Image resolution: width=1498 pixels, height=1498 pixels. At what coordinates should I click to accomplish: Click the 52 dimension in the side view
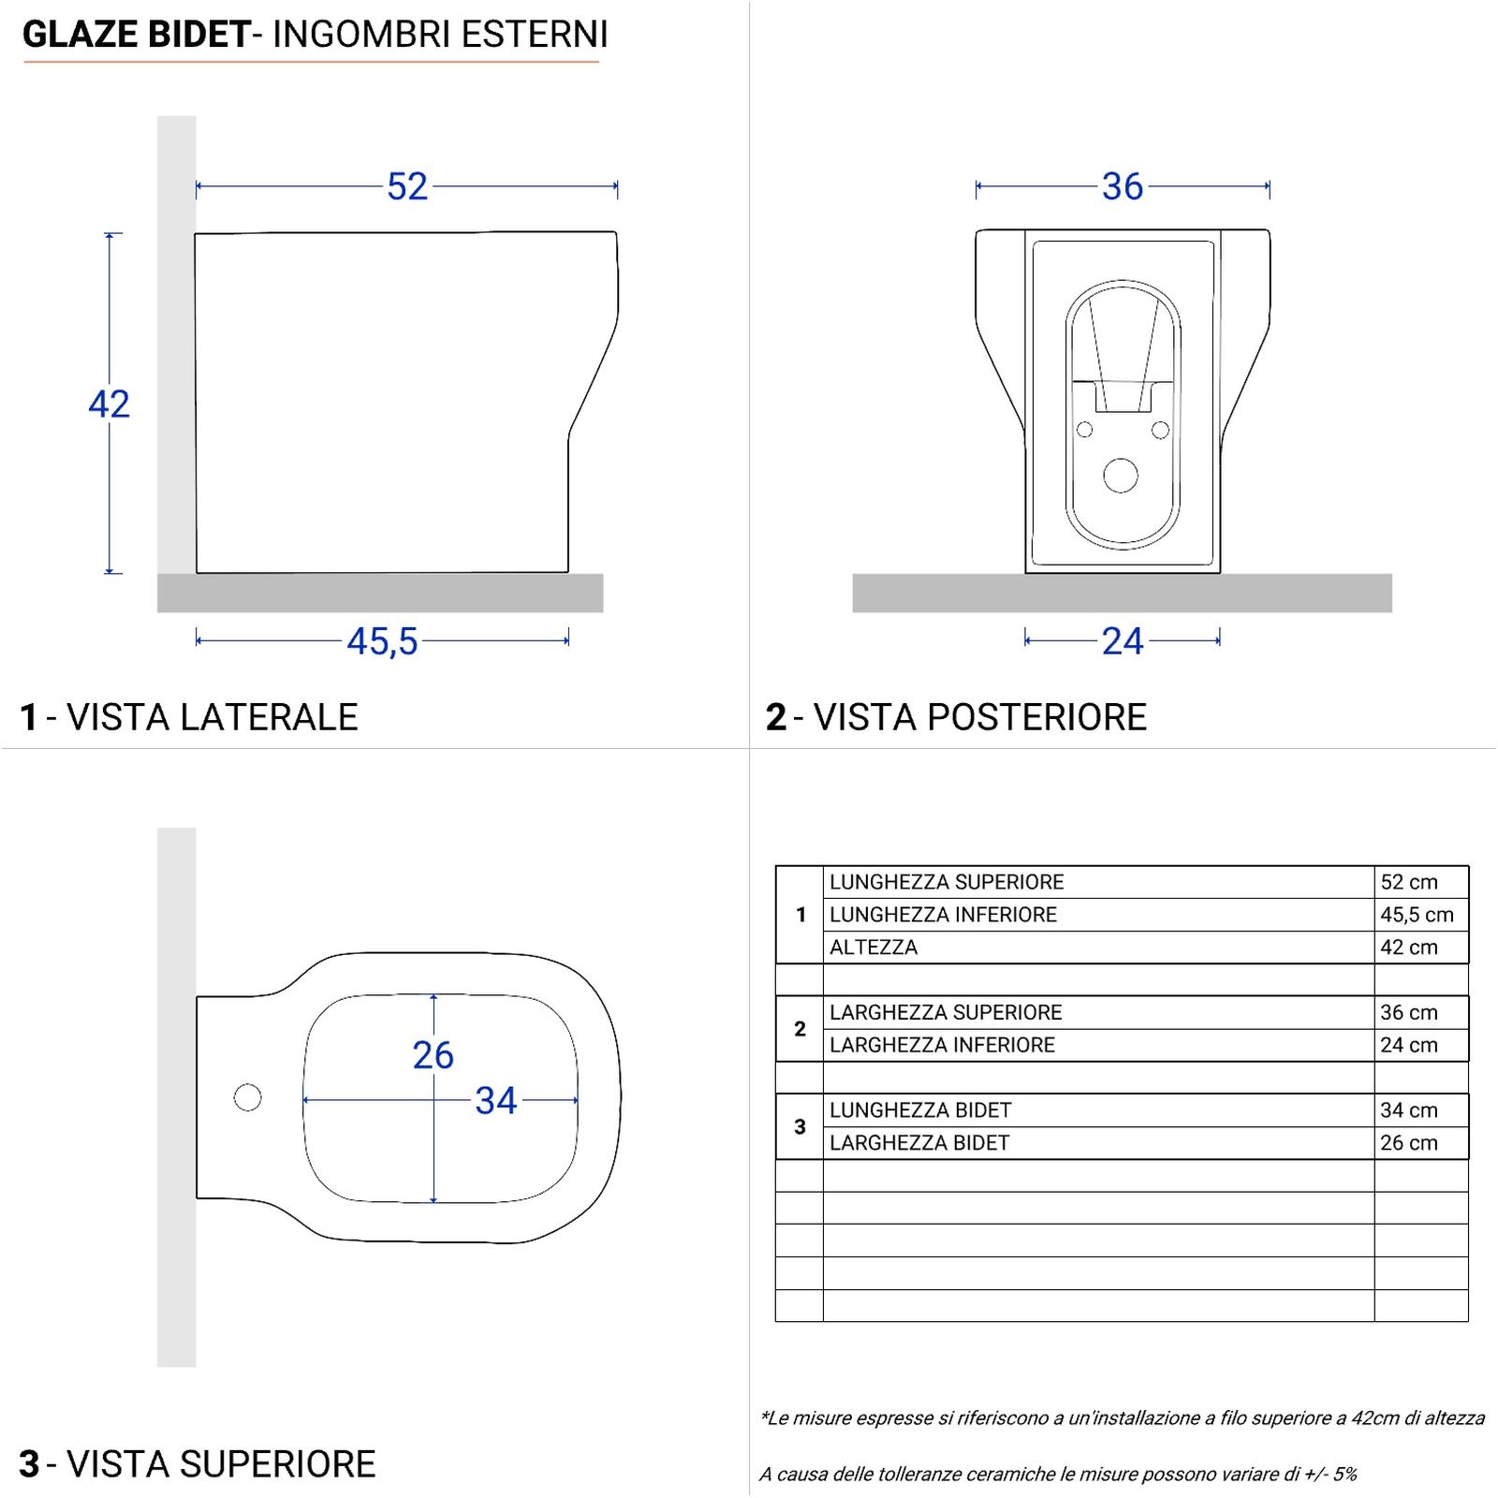pos(407,187)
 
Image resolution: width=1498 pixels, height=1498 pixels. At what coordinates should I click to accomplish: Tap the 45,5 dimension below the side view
pos(382,642)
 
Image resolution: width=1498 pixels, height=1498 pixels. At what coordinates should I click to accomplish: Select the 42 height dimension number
pos(109,404)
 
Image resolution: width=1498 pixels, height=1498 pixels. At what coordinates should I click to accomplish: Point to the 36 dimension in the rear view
pos(1123,187)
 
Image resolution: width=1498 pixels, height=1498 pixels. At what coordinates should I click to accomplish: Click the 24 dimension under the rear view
pos(1123,642)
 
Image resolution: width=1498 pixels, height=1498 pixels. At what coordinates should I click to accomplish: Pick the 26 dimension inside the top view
pos(433,1056)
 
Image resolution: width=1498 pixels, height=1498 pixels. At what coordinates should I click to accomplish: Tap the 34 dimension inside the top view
pos(495,1102)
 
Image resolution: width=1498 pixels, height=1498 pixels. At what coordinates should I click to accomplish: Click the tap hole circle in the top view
pos(247,1097)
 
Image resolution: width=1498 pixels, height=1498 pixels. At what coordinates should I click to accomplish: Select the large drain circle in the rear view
pos(1121,476)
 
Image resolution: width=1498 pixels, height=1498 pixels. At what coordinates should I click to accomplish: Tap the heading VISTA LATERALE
pos(213,717)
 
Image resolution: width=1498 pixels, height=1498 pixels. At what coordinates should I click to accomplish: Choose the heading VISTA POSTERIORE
pos(979,717)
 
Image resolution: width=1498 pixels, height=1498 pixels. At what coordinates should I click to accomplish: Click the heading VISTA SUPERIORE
pos(221,1464)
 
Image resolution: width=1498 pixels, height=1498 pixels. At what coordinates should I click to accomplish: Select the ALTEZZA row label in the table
pos(874,947)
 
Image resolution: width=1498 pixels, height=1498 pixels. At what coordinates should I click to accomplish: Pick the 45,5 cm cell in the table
pos(1417,915)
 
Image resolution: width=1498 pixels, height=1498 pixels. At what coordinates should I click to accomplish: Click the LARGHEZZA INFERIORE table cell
pos(942,1045)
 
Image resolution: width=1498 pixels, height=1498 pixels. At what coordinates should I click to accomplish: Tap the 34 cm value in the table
pos(1408,1110)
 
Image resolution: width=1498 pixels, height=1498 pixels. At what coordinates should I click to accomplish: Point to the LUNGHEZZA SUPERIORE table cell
pos(947,882)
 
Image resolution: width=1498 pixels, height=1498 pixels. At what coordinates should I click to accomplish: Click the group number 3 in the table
pos(800,1126)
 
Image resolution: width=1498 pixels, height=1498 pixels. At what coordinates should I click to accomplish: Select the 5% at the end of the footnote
pos(1344,1475)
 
